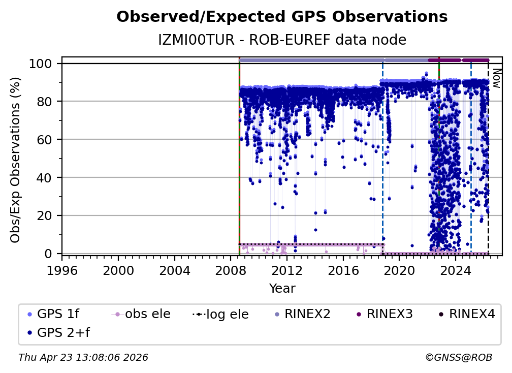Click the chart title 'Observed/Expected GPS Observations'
coord(282,17)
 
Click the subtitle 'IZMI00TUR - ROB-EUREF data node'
coord(282,40)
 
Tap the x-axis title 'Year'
coord(282,289)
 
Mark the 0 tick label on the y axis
coord(49,253)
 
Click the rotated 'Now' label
coord(496,79)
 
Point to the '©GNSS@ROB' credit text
coord(458,357)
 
